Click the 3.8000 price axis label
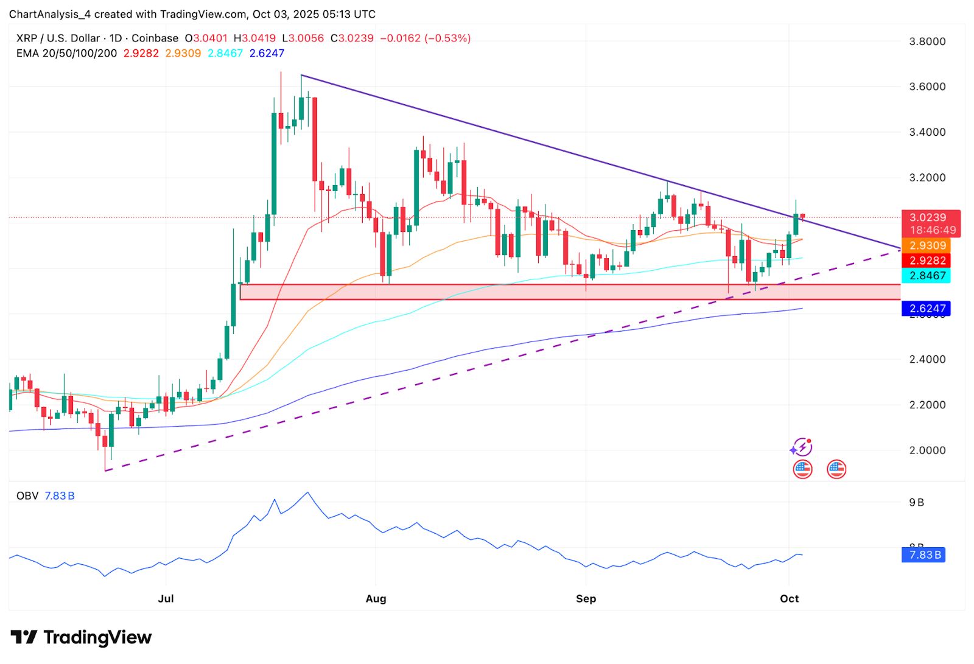pos(927,41)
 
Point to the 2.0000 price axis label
pos(927,450)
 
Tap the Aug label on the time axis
pos(376,598)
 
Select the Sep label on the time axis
pos(586,598)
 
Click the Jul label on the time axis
pos(166,598)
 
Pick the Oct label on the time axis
pos(789,598)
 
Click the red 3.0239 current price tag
pos(928,217)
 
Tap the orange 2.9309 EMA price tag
pos(928,246)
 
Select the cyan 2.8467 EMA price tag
pos(928,276)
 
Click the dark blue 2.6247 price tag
pos(928,309)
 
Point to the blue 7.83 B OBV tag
pos(925,555)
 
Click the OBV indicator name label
pos(27,496)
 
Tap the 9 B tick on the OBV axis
pos(916,503)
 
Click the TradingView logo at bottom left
pos(81,637)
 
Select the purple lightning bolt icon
pos(802,448)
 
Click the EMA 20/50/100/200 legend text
pos(66,54)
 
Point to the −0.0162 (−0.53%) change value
pos(425,38)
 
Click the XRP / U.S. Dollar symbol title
pos(58,38)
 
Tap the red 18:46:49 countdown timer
pos(933,230)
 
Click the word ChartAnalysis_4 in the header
pos(50,14)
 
